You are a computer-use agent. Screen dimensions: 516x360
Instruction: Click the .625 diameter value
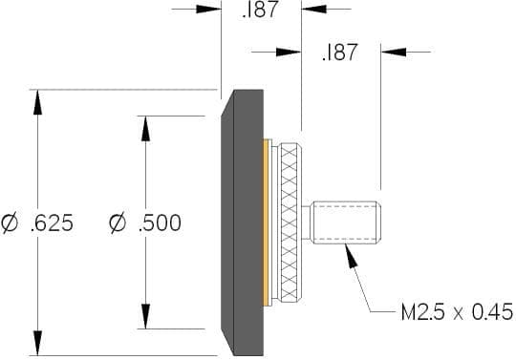[52, 222]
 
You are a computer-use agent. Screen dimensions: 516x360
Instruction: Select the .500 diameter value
[160, 222]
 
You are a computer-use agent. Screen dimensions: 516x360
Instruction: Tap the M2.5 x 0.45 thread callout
[457, 311]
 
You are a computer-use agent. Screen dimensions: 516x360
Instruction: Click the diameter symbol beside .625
[10, 223]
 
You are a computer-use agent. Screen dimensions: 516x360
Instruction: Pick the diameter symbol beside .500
[118, 223]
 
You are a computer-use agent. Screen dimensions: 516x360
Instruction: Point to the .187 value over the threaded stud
[340, 52]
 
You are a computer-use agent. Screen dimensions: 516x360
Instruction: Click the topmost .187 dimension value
[260, 9]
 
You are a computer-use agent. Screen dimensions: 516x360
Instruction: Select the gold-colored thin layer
[266, 222]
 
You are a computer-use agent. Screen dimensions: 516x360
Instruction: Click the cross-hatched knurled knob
[290, 222]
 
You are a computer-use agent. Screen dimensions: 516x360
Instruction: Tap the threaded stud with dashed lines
[346, 222]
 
